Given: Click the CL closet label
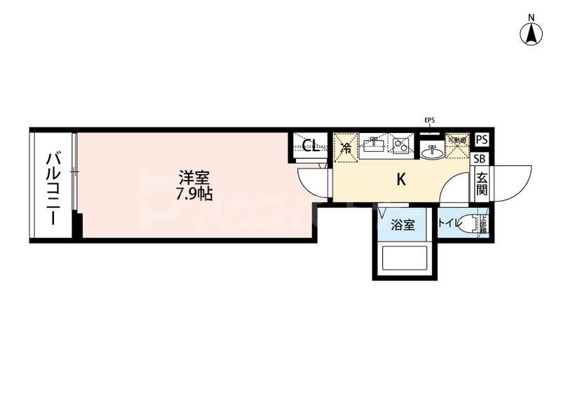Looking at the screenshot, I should pos(311,146).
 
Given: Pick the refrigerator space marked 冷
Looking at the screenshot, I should pos(346,147).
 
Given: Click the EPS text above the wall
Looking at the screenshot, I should pos(430,120).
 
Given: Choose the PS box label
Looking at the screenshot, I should pos(481,140).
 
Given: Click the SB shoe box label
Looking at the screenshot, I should pos(481,158).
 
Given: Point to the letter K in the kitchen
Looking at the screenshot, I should pos(401,179).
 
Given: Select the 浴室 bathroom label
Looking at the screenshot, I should pos(403,225).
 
